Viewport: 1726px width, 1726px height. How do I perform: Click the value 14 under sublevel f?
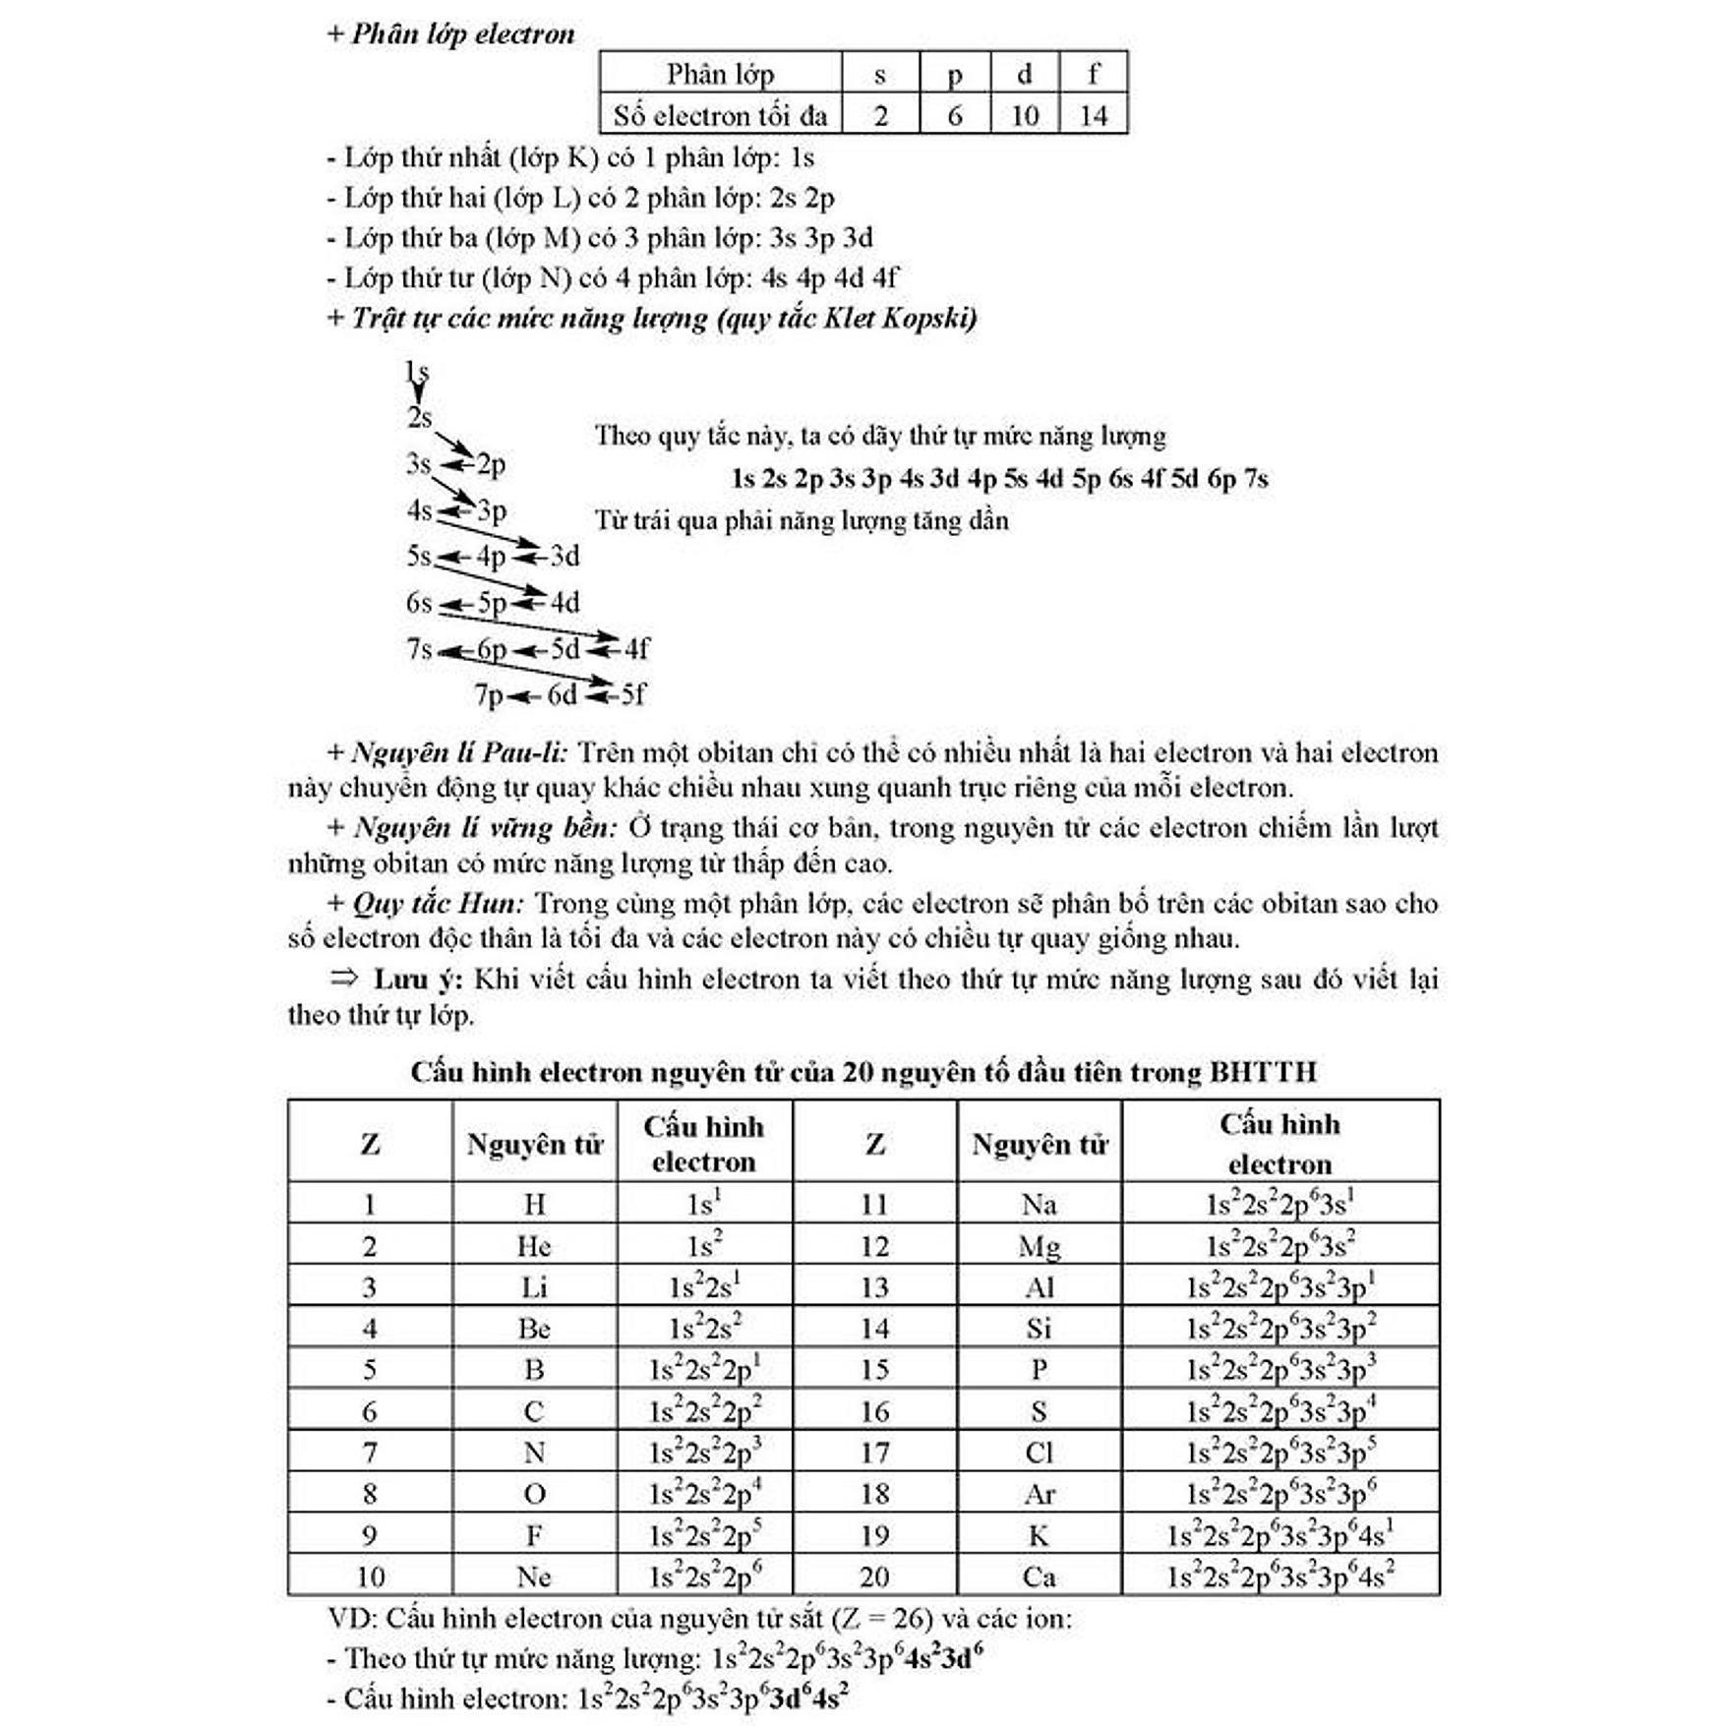pyautogui.click(x=1093, y=116)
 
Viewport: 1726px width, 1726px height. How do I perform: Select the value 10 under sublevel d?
pyautogui.click(x=1024, y=116)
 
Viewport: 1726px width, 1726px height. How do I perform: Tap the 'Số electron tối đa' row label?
pyautogui.click(x=720, y=116)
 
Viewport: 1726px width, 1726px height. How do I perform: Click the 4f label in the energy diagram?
pyautogui.click(x=636, y=649)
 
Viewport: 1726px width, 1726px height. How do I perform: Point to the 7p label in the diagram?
pyautogui.click(x=489, y=695)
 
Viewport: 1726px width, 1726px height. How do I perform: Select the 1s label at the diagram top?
pyautogui.click(x=417, y=372)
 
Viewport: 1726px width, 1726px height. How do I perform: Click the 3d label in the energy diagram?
pyautogui.click(x=565, y=557)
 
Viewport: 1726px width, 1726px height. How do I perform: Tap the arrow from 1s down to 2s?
pyautogui.click(x=418, y=393)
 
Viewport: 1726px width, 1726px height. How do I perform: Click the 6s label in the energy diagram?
pyautogui.click(x=419, y=603)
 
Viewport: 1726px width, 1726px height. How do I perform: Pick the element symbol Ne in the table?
pyautogui.click(x=533, y=1577)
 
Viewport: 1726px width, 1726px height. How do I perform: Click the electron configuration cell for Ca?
pyautogui.click(x=1280, y=1577)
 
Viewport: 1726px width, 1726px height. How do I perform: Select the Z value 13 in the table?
pyautogui.click(x=874, y=1287)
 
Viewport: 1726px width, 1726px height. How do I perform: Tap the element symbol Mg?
pyautogui.click(x=1040, y=1247)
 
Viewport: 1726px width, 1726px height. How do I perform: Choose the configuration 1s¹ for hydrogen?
pyautogui.click(x=703, y=1204)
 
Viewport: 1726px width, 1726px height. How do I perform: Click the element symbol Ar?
pyautogui.click(x=1040, y=1495)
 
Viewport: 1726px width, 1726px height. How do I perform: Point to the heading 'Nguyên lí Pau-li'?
pyautogui.click(x=458, y=753)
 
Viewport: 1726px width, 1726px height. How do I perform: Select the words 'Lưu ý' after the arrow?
pyautogui.click(x=417, y=980)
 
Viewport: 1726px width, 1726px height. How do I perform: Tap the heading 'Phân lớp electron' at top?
pyautogui.click(x=462, y=34)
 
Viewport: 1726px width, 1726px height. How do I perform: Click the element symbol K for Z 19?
pyautogui.click(x=1039, y=1536)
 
